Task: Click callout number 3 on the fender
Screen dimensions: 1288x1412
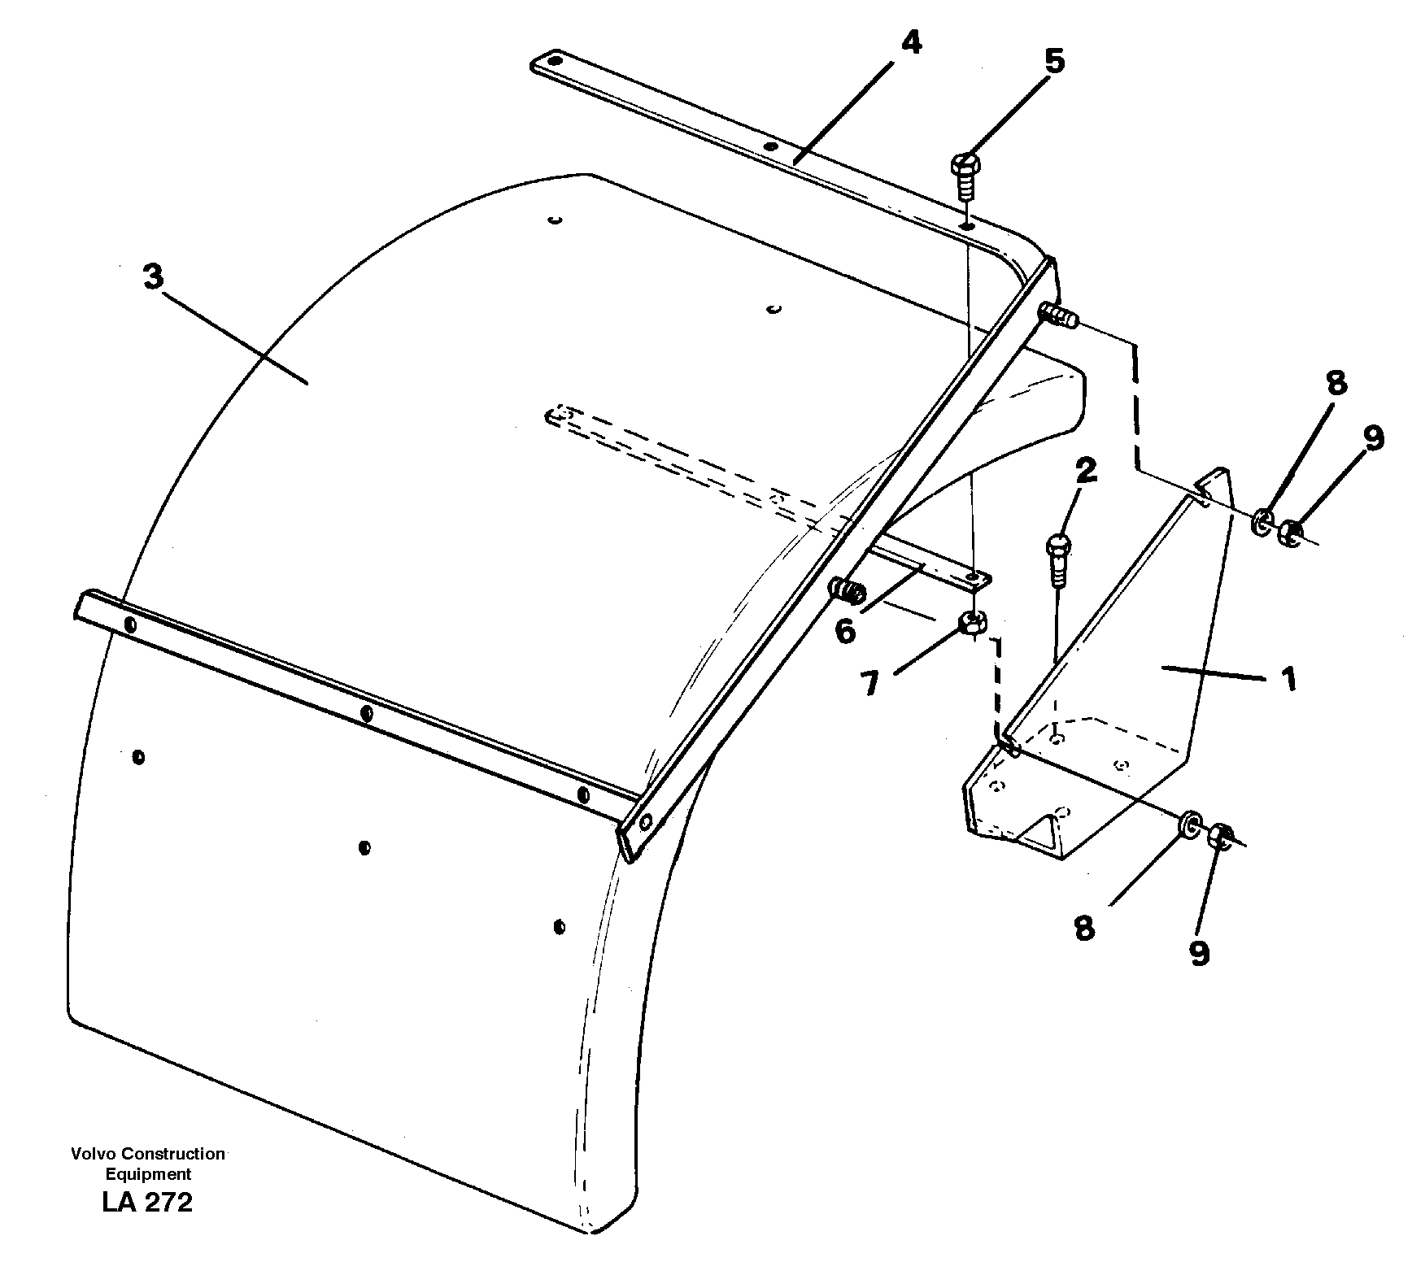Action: click(x=153, y=277)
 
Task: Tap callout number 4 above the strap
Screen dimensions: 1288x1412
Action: click(x=910, y=42)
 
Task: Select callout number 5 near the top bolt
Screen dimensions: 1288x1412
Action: click(x=1053, y=61)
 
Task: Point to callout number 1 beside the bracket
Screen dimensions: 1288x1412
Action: click(x=1287, y=678)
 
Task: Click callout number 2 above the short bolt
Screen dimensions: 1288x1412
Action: click(x=1085, y=471)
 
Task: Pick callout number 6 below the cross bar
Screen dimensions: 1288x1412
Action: click(x=846, y=630)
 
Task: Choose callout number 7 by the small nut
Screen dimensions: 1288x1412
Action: click(x=871, y=684)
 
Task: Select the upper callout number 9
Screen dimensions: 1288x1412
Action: click(x=1373, y=439)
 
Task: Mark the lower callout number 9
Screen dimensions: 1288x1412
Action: click(x=1200, y=952)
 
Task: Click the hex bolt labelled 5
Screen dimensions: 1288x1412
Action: click(x=965, y=168)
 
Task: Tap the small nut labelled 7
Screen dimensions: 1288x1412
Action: click(x=973, y=623)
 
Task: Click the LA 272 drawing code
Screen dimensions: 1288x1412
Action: click(x=147, y=1202)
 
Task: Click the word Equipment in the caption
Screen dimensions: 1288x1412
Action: click(x=148, y=1174)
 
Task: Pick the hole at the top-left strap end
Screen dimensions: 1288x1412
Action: click(x=554, y=60)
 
